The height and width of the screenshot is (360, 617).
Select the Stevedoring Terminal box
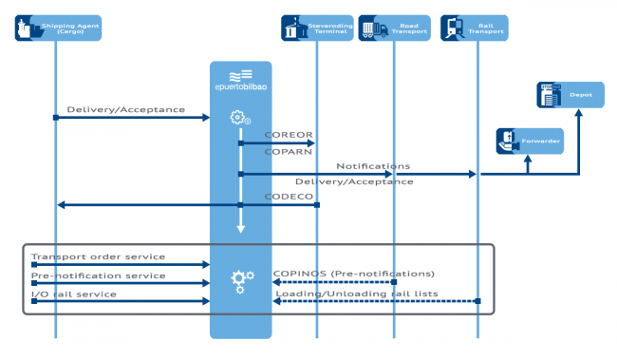click(317, 28)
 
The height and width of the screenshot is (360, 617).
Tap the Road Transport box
click(394, 28)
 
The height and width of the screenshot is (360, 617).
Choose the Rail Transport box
click(476, 28)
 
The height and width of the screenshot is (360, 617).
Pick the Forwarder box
click(530, 142)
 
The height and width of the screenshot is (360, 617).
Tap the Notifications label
click(373, 166)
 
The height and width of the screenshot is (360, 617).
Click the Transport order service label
click(98, 256)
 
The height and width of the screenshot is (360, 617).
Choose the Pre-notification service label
click(98, 275)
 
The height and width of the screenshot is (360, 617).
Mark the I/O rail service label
click(74, 294)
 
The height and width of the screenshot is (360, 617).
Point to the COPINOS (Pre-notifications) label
click(354, 274)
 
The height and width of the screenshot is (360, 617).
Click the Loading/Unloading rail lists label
click(357, 294)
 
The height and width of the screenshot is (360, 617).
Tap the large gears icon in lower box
click(242, 279)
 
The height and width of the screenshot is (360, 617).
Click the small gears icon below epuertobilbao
click(241, 118)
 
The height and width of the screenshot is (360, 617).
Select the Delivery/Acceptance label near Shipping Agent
click(126, 109)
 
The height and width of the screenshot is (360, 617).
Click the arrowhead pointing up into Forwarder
click(530, 160)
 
